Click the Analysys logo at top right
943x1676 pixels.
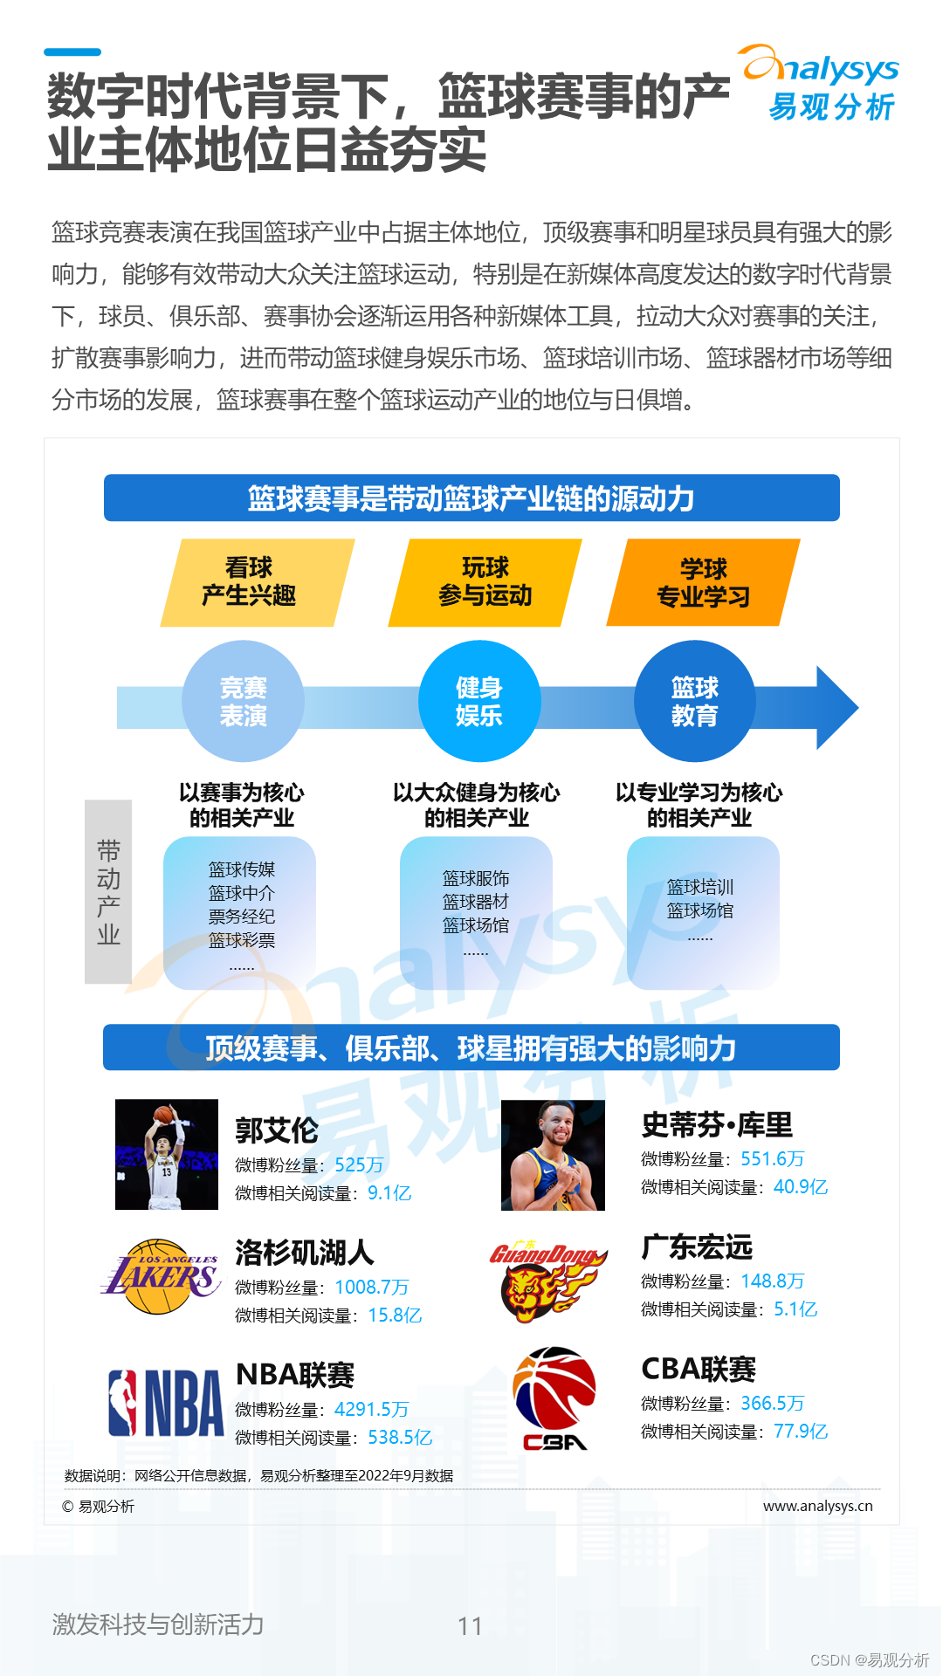click(x=821, y=84)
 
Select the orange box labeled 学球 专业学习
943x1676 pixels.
click(x=703, y=582)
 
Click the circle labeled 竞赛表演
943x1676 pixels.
click(x=243, y=702)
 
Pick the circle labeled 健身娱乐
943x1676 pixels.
click(x=479, y=702)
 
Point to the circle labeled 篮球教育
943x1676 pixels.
click(x=695, y=702)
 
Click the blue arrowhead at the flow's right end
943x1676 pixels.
click(x=836, y=707)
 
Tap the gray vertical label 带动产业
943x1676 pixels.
click(x=108, y=891)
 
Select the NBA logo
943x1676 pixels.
click(x=166, y=1403)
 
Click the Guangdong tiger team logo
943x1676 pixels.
click(x=547, y=1280)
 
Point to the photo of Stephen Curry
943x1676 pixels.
click(x=553, y=1155)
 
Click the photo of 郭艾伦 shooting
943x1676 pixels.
click(x=167, y=1154)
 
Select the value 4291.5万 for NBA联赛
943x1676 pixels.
click(x=371, y=1409)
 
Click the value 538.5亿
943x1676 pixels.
click(x=400, y=1437)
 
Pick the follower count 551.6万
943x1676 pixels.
click(x=772, y=1158)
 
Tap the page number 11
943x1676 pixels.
click(x=470, y=1625)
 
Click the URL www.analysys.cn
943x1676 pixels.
click(x=817, y=1506)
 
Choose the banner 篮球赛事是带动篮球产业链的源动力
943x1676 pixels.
click(x=471, y=498)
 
